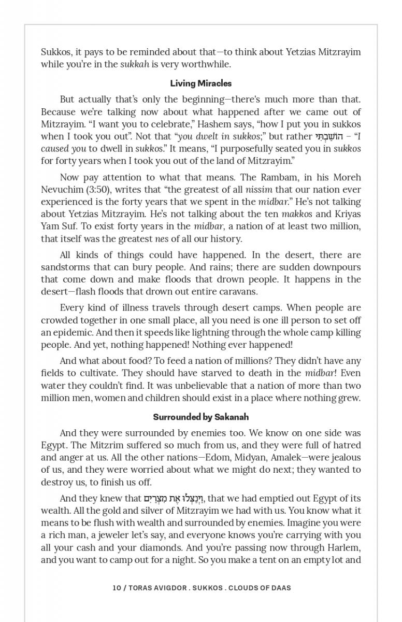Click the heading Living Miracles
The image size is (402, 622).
(200, 83)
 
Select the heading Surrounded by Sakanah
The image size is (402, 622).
(200, 417)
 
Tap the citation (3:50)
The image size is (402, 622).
(95, 190)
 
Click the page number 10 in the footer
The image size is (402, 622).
(117, 588)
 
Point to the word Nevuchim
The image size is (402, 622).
(63, 190)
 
